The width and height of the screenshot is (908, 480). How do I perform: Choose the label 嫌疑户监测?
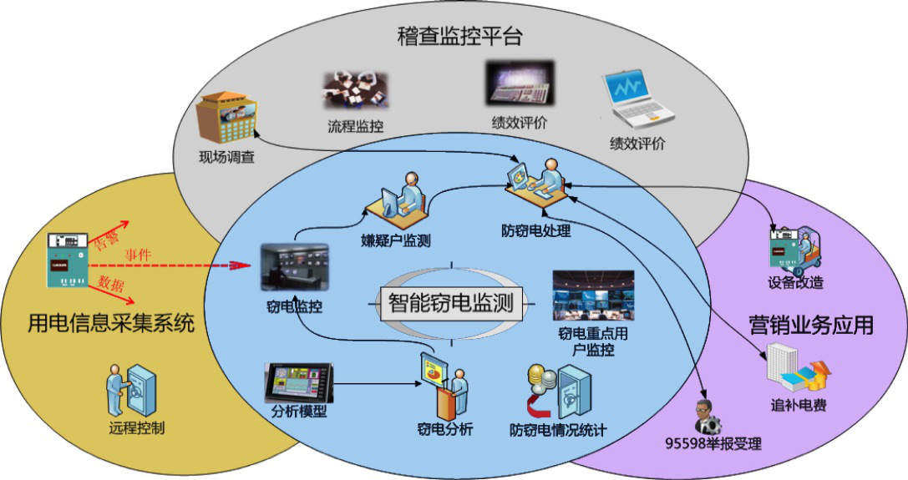[396, 241]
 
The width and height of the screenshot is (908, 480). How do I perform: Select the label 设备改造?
[795, 282]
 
